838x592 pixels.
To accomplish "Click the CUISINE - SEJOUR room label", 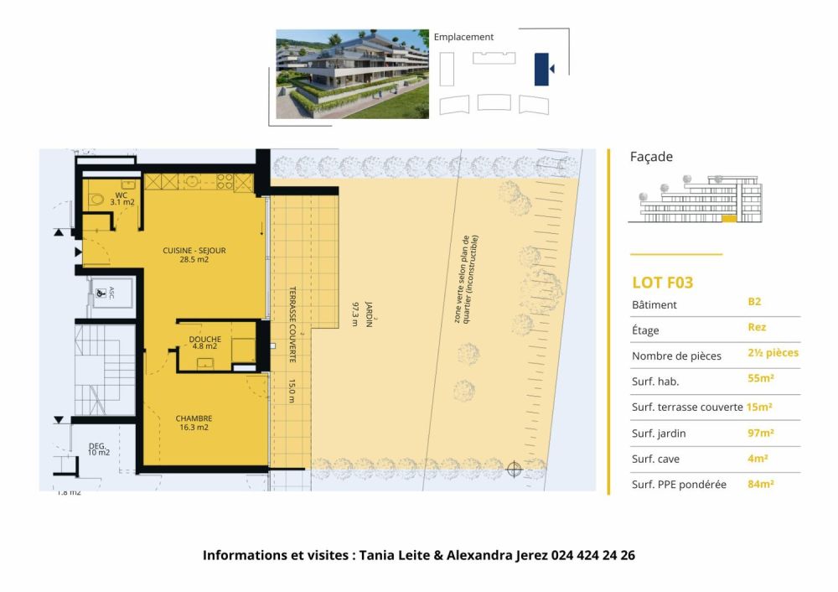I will click(x=194, y=255).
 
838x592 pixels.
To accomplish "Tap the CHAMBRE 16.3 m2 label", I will click(x=193, y=423).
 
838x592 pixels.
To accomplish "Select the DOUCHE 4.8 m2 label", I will click(x=204, y=341).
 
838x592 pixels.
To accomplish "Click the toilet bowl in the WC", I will click(x=97, y=199).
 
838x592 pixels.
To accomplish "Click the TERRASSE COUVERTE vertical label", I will click(x=292, y=323).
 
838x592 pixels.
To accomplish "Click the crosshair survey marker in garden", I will click(x=515, y=470).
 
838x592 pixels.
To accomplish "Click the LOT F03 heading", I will click(x=662, y=283).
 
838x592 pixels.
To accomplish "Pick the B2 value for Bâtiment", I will click(x=754, y=301).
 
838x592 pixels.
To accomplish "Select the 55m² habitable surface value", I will click(x=760, y=378).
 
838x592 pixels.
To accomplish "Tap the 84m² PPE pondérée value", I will click(x=760, y=484).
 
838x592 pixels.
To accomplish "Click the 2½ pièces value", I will click(x=773, y=353).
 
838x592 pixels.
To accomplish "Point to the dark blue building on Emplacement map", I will click(x=542, y=69).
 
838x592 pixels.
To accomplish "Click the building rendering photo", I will click(x=352, y=74).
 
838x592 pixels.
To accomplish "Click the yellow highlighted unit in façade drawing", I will click(x=728, y=219).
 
